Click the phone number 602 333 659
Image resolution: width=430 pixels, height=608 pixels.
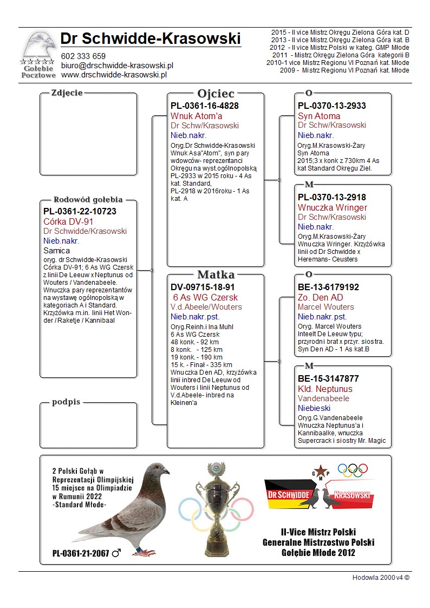[x=83, y=56]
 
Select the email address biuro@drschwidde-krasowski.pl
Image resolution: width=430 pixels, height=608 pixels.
[x=116, y=65]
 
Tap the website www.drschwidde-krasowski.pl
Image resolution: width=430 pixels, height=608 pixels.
[x=113, y=74]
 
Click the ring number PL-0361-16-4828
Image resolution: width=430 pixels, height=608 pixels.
[x=205, y=106]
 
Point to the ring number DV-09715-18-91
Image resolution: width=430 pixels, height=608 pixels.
[x=204, y=287]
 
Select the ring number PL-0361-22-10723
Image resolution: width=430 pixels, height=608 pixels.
[x=80, y=211]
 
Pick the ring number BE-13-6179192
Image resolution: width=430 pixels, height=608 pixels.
[x=328, y=287]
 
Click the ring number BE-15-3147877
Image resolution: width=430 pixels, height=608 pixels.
[x=328, y=378]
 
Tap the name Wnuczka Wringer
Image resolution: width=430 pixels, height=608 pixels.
[x=332, y=207]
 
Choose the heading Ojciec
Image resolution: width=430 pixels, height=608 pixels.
[x=216, y=94]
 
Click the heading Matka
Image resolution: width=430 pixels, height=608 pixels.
[x=216, y=274]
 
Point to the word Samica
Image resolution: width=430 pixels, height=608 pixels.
[x=56, y=251]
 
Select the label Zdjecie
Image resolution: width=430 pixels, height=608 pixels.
[x=67, y=93]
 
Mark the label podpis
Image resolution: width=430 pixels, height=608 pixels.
[x=66, y=402]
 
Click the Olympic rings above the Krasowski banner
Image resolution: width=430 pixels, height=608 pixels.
[x=352, y=470]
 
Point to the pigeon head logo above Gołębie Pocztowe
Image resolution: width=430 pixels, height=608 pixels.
[x=39, y=44]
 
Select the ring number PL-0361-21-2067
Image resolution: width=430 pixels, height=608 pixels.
[x=81, y=553]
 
